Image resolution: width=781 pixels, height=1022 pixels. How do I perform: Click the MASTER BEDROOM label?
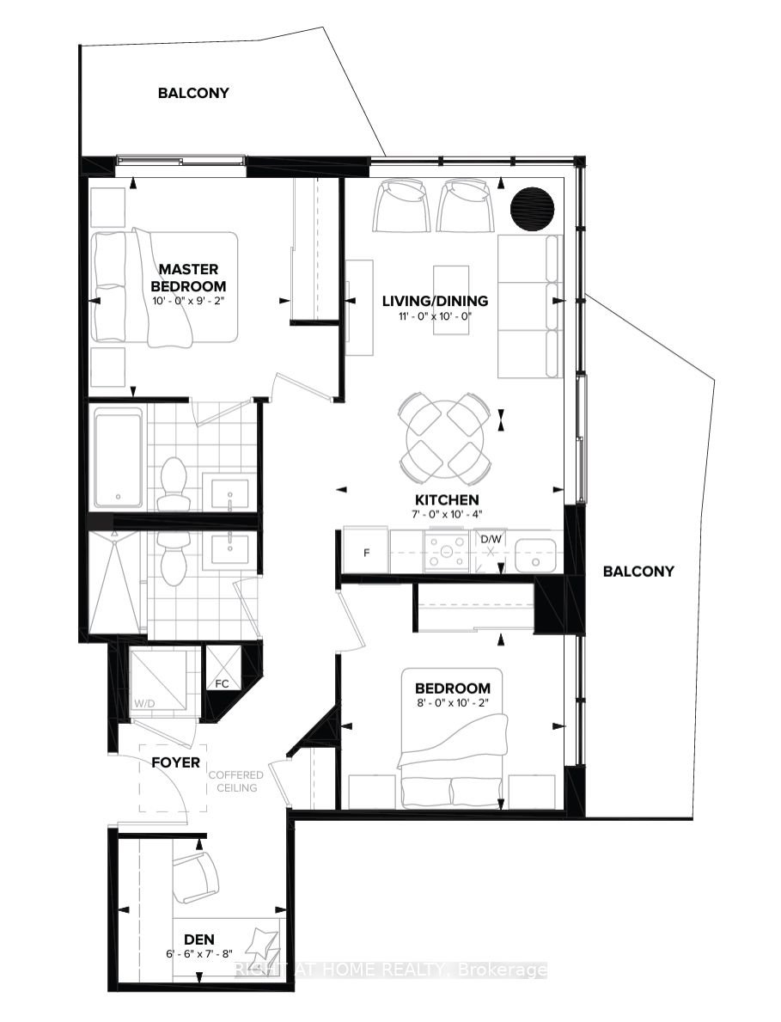(x=188, y=277)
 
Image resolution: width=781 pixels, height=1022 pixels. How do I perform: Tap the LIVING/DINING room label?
(x=435, y=301)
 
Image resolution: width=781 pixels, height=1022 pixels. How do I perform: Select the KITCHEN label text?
(x=447, y=499)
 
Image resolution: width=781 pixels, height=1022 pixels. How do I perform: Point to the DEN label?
(x=198, y=939)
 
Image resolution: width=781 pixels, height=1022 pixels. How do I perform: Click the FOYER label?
(x=176, y=762)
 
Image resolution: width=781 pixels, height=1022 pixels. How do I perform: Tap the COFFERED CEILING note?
(x=235, y=780)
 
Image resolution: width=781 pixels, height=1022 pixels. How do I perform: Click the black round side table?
(x=532, y=209)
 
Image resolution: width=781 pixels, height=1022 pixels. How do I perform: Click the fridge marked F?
(x=366, y=552)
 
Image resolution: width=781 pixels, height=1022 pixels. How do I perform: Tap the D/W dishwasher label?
(x=491, y=539)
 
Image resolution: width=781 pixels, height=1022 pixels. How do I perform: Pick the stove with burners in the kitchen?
(x=446, y=552)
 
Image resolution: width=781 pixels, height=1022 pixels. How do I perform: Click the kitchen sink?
(x=535, y=554)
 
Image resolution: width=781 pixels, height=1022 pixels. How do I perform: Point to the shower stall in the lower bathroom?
(x=114, y=582)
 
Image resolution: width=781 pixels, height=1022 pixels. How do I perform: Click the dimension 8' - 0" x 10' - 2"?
(x=452, y=702)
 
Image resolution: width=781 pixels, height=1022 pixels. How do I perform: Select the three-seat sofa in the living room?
(x=530, y=306)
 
